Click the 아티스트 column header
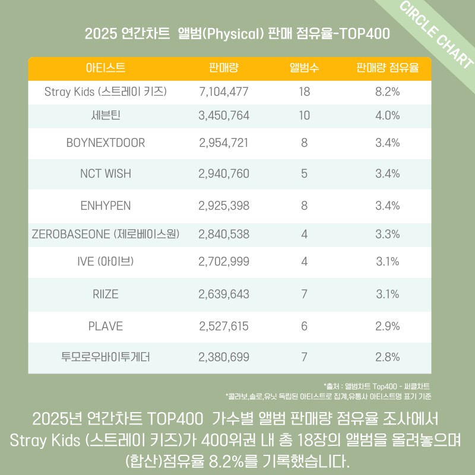[105, 68]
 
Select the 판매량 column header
[224, 68]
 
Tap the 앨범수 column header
[304, 68]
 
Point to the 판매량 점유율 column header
[387, 68]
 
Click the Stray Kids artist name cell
[105, 91]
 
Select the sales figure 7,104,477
[224, 91]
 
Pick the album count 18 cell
[304, 91]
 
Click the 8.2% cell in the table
[387, 91]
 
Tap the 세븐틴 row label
[105, 116]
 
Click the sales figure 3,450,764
[224, 116]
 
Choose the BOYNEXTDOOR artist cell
[105, 143]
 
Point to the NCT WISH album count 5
[304, 174]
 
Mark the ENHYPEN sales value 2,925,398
[224, 205]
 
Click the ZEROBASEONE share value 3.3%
[387, 234]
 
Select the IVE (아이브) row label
[105, 261]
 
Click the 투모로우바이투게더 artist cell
[105, 357]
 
